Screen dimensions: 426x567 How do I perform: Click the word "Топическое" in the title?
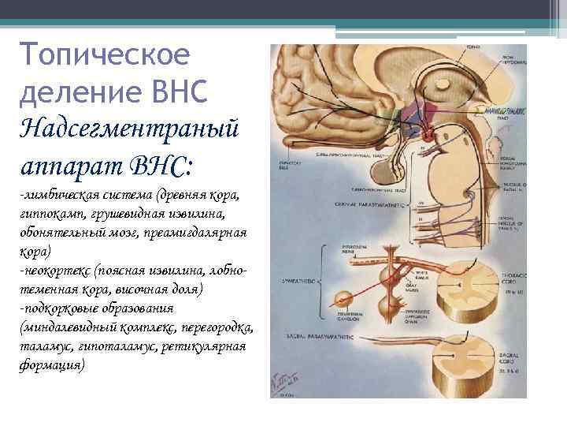click(106, 57)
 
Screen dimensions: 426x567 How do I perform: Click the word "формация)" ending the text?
click(51, 366)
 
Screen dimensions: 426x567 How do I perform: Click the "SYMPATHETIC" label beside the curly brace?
click(293, 279)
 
